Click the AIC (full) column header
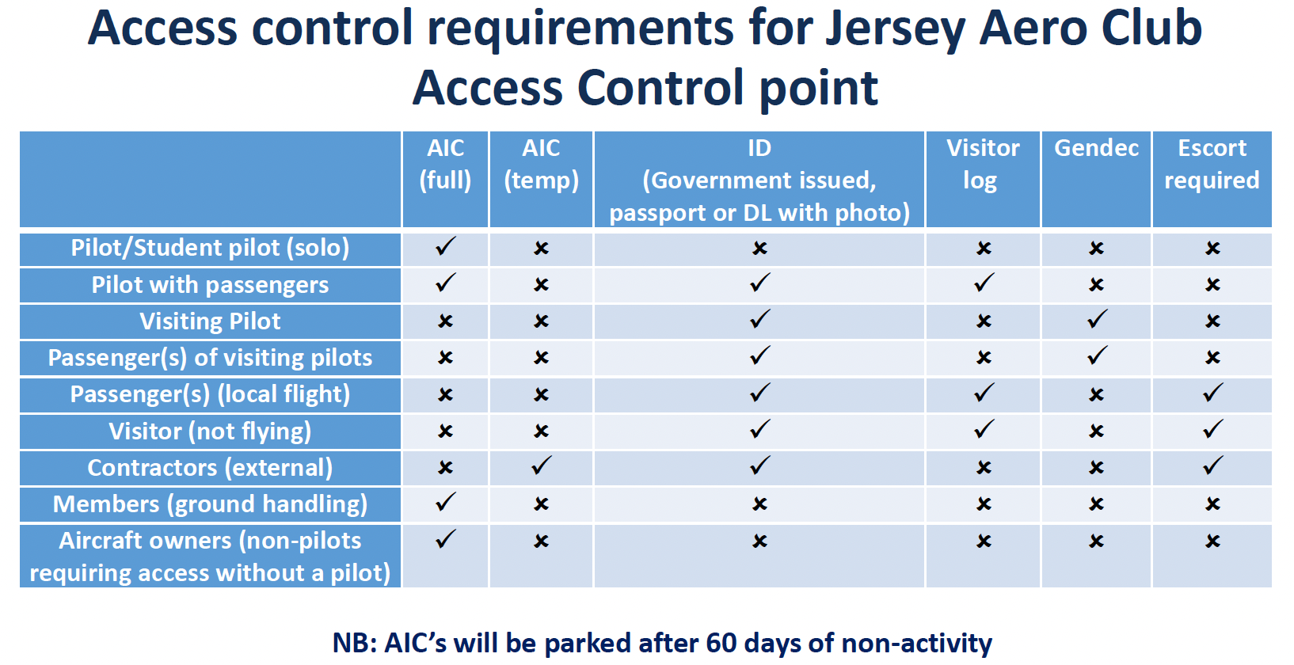click(x=445, y=164)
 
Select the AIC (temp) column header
click(x=541, y=164)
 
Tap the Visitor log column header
click(x=982, y=164)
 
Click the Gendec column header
click(x=1096, y=148)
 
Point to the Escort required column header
click(x=1212, y=164)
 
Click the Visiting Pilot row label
click(x=210, y=321)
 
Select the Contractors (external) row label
click(x=210, y=468)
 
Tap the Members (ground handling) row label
click(x=210, y=504)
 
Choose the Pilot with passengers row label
click(x=210, y=285)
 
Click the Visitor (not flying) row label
click(x=210, y=431)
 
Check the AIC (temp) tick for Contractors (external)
click(x=542, y=466)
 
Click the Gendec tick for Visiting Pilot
click(x=1097, y=320)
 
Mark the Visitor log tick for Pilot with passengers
click(x=984, y=283)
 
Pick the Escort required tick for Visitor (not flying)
click(x=1212, y=430)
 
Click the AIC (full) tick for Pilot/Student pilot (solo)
click(x=446, y=246)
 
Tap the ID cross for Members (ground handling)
click(x=759, y=504)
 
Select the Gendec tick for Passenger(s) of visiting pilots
click(x=1097, y=356)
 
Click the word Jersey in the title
click(x=895, y=28)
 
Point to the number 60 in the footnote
click(x=721, y=643)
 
